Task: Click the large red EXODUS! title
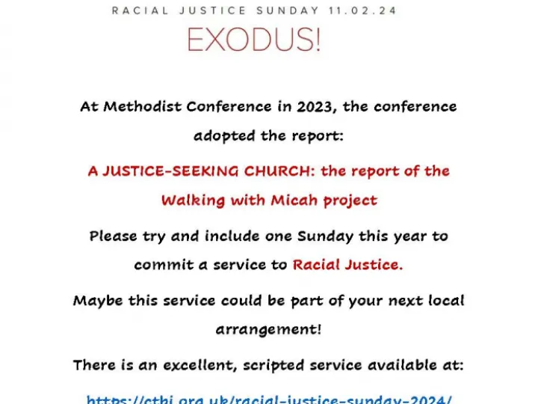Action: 253,38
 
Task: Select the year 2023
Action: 316,106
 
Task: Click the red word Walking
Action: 188,201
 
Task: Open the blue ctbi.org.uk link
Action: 268,399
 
